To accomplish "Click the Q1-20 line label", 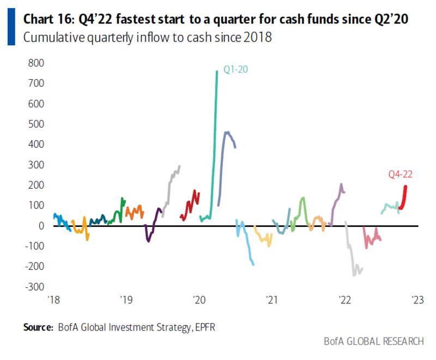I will tap(234, 70).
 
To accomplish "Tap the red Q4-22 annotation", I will tap(399, 175).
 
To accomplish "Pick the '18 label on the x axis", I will tap(53, 300).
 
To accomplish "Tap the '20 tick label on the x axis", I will tap(199, 300).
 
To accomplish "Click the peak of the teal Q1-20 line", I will tap(217, 71).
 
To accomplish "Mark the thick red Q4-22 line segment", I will tap(403, 197).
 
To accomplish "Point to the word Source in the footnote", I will tap(37, 327).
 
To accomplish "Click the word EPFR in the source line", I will tap(211, 327).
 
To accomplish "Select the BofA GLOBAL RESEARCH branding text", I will tap(373, 341).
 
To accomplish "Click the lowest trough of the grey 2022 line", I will tap(354, 275).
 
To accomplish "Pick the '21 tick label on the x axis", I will tap(271, 300).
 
